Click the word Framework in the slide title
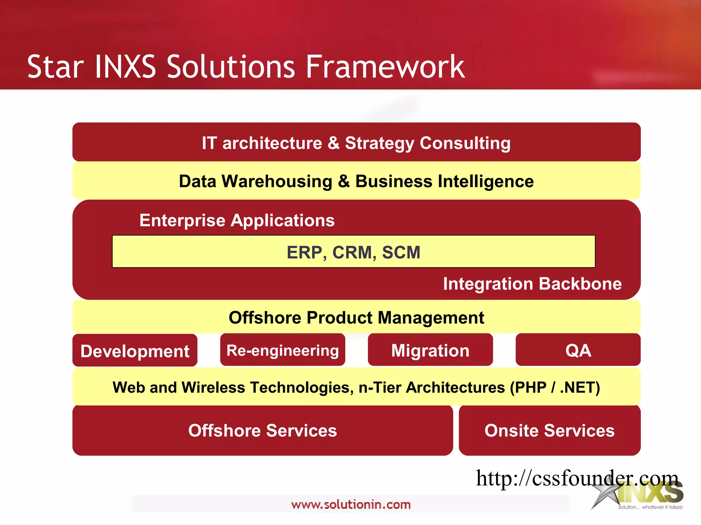[385, 67]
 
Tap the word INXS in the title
[125, 67]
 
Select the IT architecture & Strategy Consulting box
[356, 142]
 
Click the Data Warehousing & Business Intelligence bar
[356, 181]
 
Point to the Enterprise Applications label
[237, 220]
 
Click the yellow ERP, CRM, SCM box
[354, 252]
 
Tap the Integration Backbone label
[532, 284]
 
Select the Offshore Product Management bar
[356, 318]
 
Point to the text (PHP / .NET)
[555, 388]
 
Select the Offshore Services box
[263, 430]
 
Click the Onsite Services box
[549, 430]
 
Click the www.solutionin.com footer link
[350, 504]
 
